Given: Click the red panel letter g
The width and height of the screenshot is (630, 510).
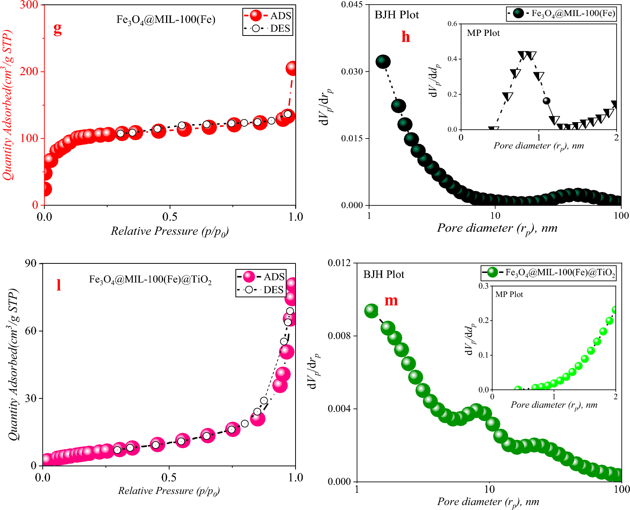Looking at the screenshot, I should [x=57, y=29].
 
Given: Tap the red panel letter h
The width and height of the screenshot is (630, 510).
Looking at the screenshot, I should [x=405, y=37].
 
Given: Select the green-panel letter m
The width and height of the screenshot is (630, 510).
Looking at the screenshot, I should [x=391, y=300].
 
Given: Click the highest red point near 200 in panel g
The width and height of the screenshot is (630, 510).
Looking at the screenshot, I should [x=292, y=68].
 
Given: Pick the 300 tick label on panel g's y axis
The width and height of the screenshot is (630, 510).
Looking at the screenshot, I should [x=29, y=5].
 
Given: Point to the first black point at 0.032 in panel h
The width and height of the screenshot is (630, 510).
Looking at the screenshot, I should [x=383, y=61].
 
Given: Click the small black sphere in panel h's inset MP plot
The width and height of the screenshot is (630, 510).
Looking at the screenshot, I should [x=546, y=101].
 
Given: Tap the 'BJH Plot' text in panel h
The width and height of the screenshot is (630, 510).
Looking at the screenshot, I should [x=397, y=15].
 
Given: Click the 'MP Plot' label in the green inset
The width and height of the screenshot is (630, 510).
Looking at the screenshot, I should [x=509, y=294].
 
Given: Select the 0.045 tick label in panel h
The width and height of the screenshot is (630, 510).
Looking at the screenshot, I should [x=352, y=5].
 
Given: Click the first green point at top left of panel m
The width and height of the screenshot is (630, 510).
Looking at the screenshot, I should [x=371, y=311].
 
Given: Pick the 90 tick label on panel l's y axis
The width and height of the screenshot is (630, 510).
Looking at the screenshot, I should [x=31, y=263].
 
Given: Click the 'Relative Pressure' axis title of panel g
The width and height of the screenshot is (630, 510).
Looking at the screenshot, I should [x=170, y=231].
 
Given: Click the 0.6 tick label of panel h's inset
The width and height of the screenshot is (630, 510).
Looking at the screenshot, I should [x=452, y=24].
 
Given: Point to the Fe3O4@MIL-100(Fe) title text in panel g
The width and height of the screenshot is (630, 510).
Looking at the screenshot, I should [x=166, y=19].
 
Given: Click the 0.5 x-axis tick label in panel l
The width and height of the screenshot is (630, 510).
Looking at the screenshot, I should [x=169, y=478].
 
